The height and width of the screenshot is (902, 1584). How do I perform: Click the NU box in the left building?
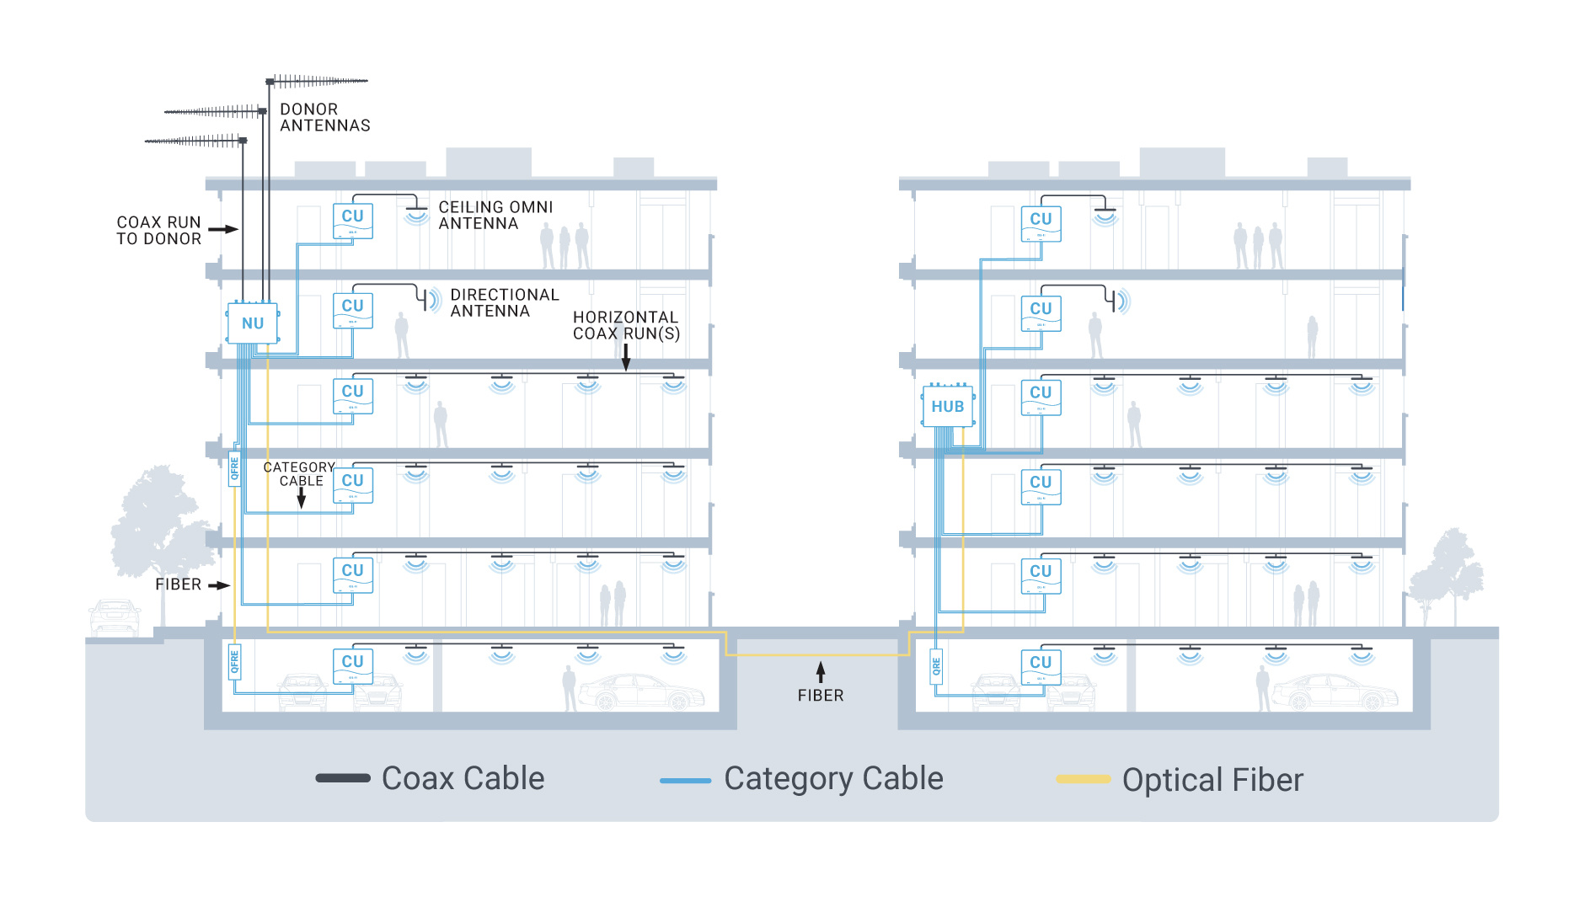tap(253, 323)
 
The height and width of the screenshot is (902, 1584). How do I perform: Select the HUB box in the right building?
tap(948, 407)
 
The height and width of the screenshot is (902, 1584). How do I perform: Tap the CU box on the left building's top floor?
tap(353, 220)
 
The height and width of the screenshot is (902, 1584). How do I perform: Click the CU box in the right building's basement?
tap(1041, 665)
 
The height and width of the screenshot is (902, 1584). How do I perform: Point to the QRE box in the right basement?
tap(936, 666)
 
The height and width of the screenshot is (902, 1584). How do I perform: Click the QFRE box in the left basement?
tap(235, 662)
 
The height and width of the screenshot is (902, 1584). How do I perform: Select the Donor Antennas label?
tap(324, 117)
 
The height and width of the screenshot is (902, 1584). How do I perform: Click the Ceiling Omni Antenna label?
tap(495, 215)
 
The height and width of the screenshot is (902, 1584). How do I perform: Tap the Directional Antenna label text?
tap(504, 302)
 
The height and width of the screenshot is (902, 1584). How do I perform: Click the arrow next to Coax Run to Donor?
tap(223, 229)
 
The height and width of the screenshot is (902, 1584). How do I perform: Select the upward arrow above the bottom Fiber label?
tap(821, 672)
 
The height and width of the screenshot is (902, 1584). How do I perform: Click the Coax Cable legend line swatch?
tap(343, 778)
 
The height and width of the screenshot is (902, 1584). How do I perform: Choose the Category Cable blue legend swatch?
tap(686, 780)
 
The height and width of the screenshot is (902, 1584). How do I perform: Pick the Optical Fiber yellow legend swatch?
tap(1084, 780)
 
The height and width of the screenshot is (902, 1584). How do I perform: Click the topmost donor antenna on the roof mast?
tap(318, 81)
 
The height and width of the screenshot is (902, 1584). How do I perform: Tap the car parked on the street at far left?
tap(115, 616)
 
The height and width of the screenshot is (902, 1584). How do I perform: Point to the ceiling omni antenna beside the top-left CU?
tap(416, 211)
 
